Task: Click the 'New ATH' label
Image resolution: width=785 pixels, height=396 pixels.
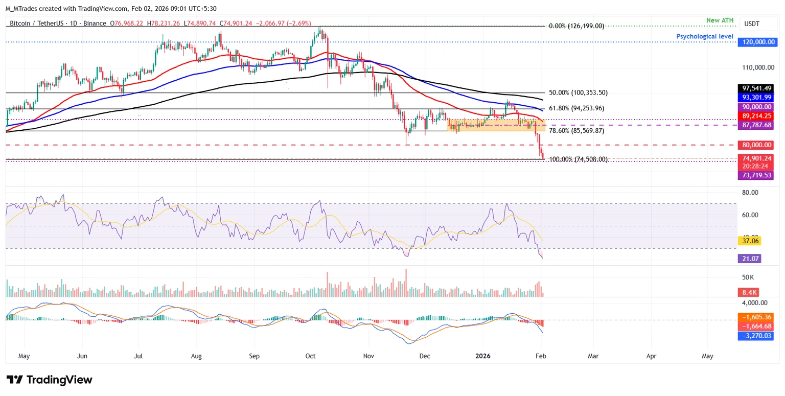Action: (x=720, y=20)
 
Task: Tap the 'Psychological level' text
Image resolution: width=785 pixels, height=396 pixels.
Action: (x=705, y=36)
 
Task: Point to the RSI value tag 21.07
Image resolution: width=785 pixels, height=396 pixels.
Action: (x=749, y=259)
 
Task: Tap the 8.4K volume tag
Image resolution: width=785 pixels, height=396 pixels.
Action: (x=748, y=292)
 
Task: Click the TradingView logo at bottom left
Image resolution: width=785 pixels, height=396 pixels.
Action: (x=50, y=380)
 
